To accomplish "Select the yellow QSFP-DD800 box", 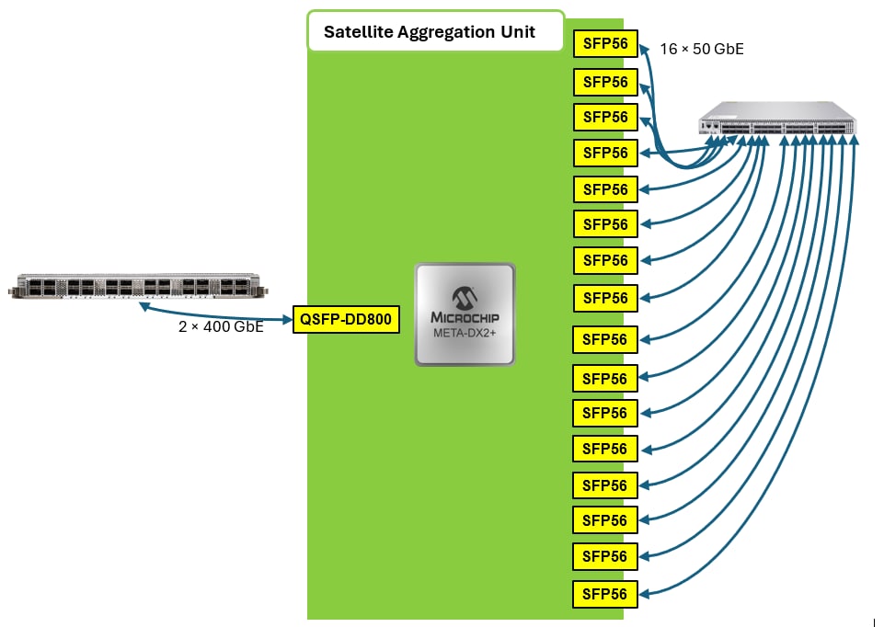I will (346, 320).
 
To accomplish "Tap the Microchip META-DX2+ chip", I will (465, 314).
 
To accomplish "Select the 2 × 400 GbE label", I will (221, 326).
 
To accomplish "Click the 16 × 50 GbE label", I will (702, 49).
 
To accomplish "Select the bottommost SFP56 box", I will (604, 594).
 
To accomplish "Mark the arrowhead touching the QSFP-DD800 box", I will (285, 318).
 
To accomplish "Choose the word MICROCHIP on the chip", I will (465, 316).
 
